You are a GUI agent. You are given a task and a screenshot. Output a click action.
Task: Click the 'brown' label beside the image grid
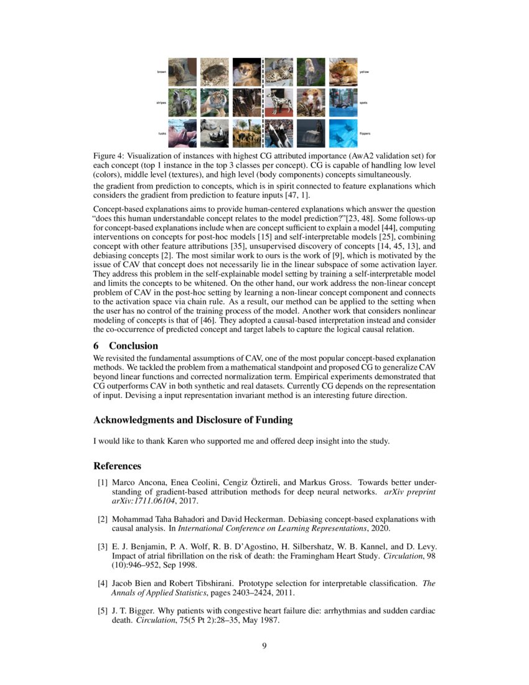[x=161, y=72]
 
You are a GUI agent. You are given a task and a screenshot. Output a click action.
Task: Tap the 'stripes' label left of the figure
[x=161, y=103]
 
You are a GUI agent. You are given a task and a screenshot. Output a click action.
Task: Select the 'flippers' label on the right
[x=365, y=133]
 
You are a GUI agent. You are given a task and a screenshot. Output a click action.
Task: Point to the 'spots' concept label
[x=363, y=103]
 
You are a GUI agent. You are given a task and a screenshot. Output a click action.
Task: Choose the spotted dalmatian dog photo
[x=279, y=103]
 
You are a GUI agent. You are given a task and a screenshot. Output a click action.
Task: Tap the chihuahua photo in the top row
[x=247, y=72]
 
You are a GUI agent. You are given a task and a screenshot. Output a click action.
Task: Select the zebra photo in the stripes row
[x=247, y=103]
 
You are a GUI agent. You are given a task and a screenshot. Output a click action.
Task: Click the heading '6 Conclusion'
[x=126, y=346]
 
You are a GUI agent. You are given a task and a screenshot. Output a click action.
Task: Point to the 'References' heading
[x=117, y=466]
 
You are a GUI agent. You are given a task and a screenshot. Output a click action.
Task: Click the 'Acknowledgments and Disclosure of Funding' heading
[x=193, y=420]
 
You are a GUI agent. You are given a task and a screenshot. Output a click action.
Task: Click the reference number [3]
[x=102, y=547]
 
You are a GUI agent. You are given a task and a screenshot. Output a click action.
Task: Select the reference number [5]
[x=102, y=611]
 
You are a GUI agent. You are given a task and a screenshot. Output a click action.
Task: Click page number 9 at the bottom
[x=264, y=645]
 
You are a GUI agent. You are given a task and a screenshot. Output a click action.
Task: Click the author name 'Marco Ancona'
[x=133, y=483]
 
